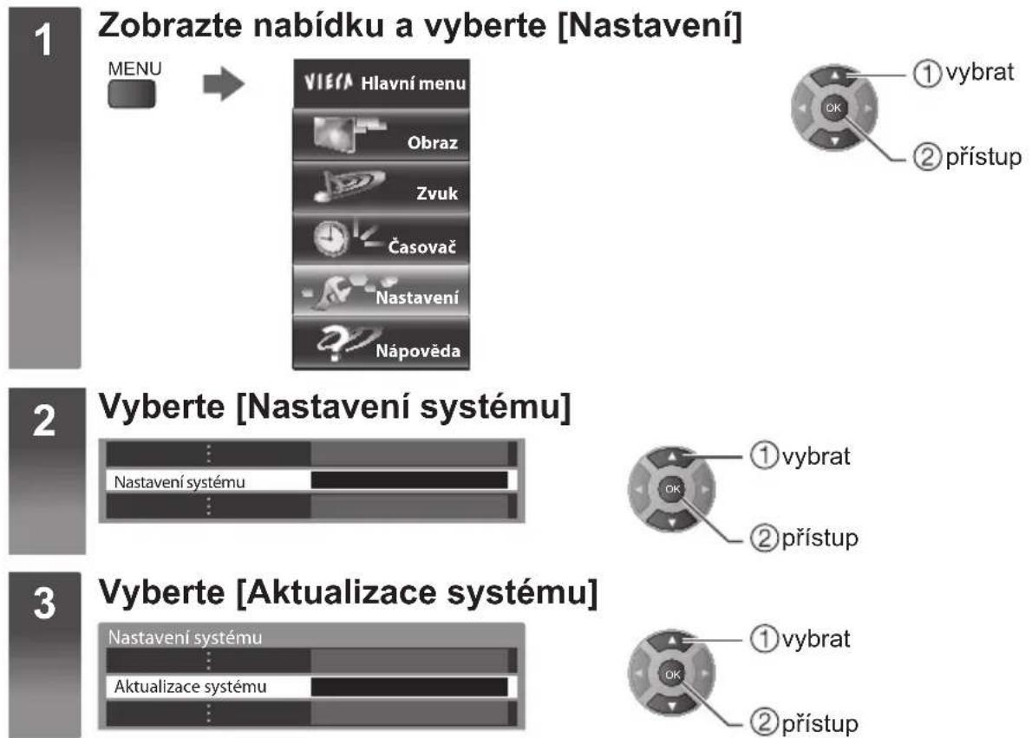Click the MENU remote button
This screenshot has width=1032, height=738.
click(132, 94)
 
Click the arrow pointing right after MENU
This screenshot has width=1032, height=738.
click(224, 83)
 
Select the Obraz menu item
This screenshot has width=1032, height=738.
click(381, 135)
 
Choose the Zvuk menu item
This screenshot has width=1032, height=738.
click(381, 187)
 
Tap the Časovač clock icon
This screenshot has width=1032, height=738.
click(330, 238)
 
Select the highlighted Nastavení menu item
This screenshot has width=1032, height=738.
click(381, 291)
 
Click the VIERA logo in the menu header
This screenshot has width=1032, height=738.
click(329, 82)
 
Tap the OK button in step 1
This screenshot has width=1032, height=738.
click(833, 108)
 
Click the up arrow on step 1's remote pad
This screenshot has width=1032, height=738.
click(834, 76)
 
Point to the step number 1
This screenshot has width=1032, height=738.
click(43, 41)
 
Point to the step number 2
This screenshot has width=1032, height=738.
click(44, 421)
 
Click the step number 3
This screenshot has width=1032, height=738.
click(44, 604)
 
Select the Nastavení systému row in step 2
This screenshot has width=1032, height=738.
click(310, 480)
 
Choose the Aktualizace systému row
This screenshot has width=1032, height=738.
click(310, 687)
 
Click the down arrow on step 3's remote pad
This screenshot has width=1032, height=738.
click(672, 706)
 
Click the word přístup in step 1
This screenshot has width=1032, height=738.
click(983, 158)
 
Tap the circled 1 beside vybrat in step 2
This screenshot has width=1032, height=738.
click(763, 455)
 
